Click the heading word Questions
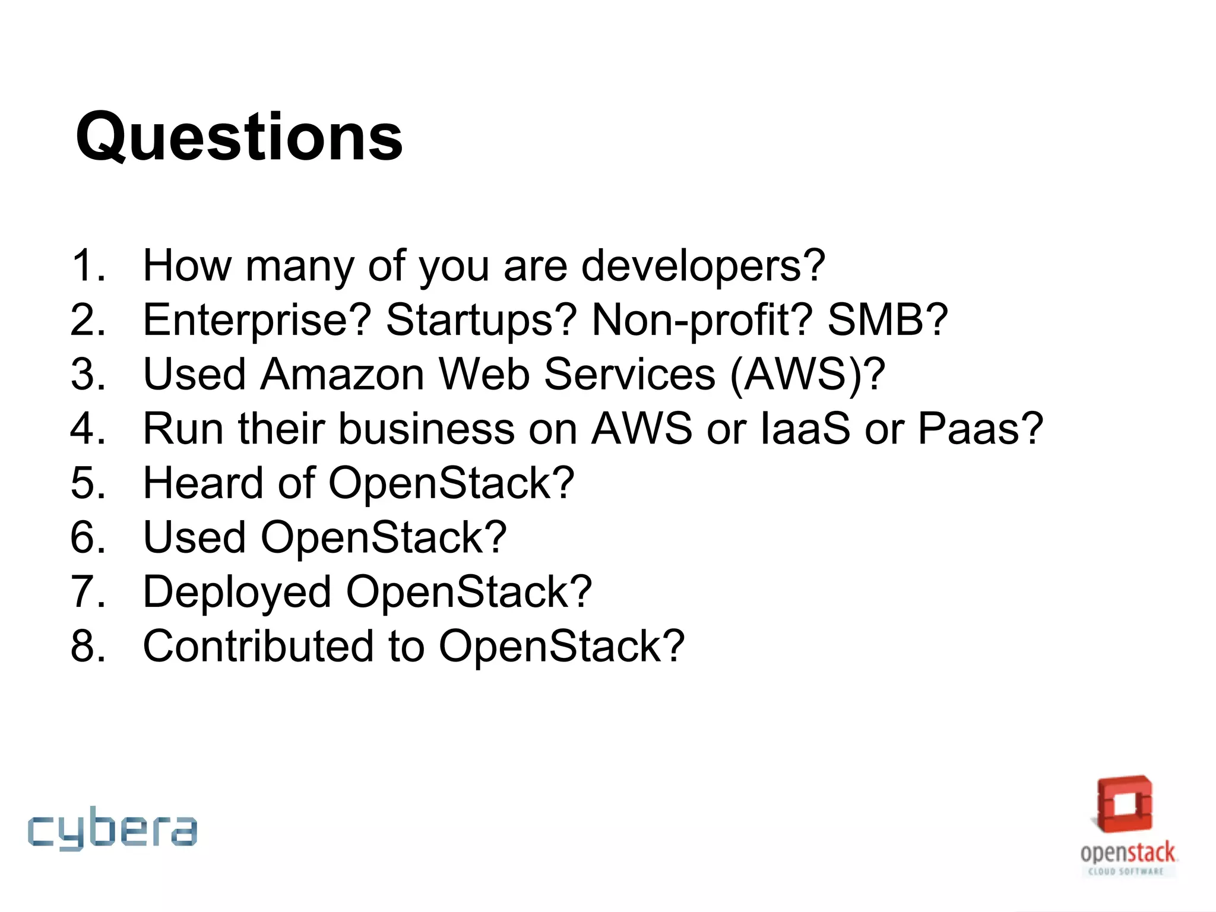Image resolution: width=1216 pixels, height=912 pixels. click(x=239, y=138)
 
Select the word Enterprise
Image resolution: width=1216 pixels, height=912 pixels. click(x=256, y=320)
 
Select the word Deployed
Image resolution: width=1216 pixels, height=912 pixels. click(x=236, y=593)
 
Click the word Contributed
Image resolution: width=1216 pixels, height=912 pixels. click(x=258, y=646)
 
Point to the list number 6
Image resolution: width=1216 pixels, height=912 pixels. click(x=87, y=537)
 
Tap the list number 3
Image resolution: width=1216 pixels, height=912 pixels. click(x=87, y=375)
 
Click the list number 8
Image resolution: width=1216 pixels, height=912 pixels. click(x=87, y=646)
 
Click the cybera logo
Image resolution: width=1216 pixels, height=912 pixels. click(x=112, y=828)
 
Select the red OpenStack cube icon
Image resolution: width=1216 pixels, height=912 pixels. click(x=1125, y=804)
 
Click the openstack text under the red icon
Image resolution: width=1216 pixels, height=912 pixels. click(x=1127, y=853)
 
